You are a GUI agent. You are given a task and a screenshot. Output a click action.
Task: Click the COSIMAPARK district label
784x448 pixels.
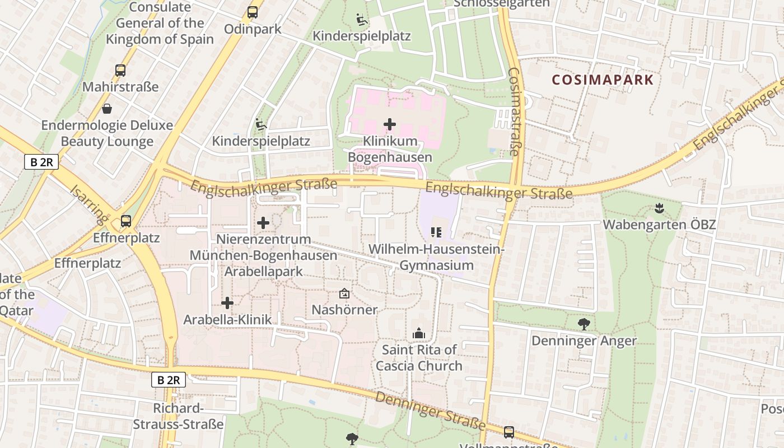pos(603,80)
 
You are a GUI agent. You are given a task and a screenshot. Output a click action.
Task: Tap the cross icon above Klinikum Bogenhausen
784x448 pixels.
pos(390,124)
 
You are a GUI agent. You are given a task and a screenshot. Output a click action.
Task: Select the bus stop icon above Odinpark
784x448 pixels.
pos(253,12)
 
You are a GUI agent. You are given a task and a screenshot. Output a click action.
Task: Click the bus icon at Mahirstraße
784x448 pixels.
pos(120,71)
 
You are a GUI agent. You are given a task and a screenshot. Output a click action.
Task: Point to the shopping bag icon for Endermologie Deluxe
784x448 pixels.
pos(106,109)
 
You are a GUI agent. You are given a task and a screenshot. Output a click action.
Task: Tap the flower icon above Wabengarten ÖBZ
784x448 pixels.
pos(659,208)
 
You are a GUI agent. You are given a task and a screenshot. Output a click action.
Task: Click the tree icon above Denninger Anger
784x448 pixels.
pos(584,324)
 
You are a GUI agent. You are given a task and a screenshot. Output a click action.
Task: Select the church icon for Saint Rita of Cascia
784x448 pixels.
pos(418,333)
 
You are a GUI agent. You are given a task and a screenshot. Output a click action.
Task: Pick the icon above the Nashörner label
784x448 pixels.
pos(344,293)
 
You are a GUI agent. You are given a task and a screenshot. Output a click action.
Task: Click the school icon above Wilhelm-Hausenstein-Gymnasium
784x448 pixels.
pos(436,232)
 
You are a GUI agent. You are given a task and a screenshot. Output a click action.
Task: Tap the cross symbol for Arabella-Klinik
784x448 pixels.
pos(227,303)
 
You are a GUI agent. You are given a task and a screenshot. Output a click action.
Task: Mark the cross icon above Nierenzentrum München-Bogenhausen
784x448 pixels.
pos(263,223)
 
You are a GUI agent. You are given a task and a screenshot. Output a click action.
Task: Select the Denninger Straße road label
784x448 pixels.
pos(430,410)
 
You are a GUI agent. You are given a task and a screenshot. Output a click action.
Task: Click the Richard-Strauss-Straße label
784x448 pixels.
pos(178,416)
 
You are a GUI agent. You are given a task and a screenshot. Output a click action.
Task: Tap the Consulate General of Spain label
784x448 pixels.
pos(160,23)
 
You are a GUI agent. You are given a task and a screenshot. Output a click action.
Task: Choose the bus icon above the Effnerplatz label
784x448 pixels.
pos(126,221)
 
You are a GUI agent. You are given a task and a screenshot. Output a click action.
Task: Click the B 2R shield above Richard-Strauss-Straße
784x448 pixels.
pos(169,380)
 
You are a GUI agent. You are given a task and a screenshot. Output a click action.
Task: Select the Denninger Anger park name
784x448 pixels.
pos(584,340)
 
